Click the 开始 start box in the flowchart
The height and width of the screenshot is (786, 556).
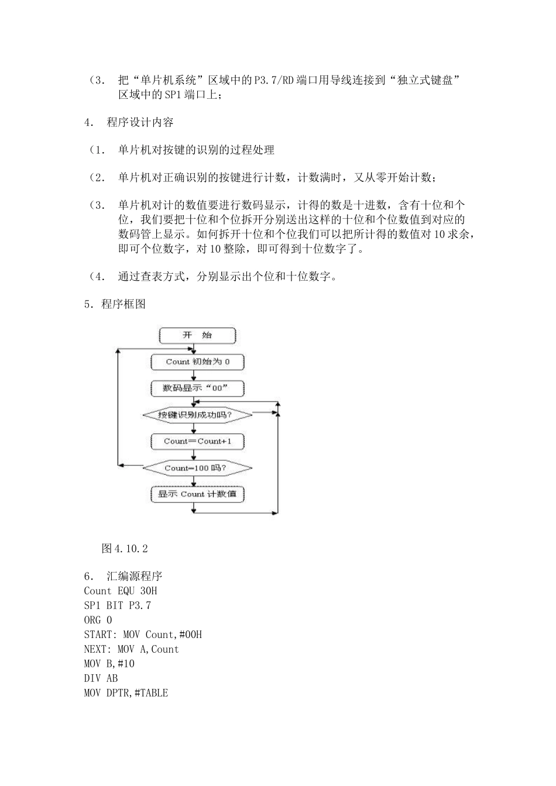(197, 336)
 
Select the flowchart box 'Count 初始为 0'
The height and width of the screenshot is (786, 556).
(197, 362)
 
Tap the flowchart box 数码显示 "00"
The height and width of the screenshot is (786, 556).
(197, 388)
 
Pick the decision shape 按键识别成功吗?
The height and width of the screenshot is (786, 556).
(197, 415)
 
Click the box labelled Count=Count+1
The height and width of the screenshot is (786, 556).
(197, 442)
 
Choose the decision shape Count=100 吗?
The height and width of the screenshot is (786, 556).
(197, 468)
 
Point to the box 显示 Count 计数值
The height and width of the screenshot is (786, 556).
(197, 494)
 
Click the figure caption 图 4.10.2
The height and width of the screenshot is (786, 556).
(125, 549)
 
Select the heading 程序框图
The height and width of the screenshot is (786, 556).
(123, 304)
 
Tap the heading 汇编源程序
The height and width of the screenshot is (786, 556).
(135, 576)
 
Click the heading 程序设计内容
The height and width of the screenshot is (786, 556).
(140, 122)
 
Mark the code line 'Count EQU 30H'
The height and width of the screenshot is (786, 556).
(121, 591)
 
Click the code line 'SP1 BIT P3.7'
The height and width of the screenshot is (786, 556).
(117, 605)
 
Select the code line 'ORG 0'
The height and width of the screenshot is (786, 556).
(98, 620)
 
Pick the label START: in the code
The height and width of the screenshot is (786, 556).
(100, 635)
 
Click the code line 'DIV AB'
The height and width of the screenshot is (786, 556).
(101, 678)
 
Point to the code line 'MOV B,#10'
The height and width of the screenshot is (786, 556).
(109, 664)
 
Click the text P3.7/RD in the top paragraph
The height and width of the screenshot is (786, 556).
(274, 81)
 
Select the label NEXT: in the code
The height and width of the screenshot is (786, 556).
(97, 649)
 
